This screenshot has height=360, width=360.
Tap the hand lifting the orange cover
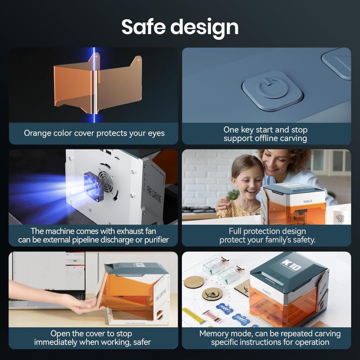[80, 304]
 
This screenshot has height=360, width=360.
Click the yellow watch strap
[194, 316]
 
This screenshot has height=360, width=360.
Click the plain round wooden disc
[194, 282]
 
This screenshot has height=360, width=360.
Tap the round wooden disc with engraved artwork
[212, 294]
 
